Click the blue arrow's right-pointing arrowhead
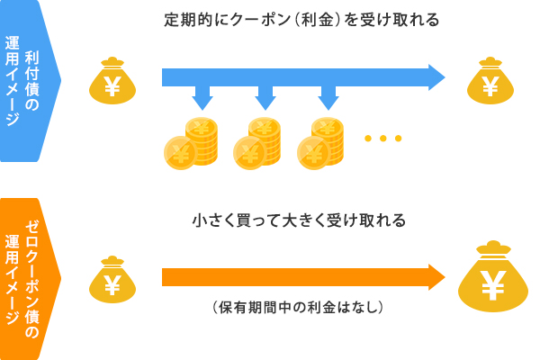click(436, 77)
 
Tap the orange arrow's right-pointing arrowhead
click(436, 277)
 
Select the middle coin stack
click(257, 141)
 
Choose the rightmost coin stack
click(321, 141)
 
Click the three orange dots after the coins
click(382, 139)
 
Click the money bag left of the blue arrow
click(112, 82)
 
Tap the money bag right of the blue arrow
click(490, 82)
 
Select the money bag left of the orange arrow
click(112, 280)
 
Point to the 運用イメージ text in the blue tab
click(12, 81)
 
